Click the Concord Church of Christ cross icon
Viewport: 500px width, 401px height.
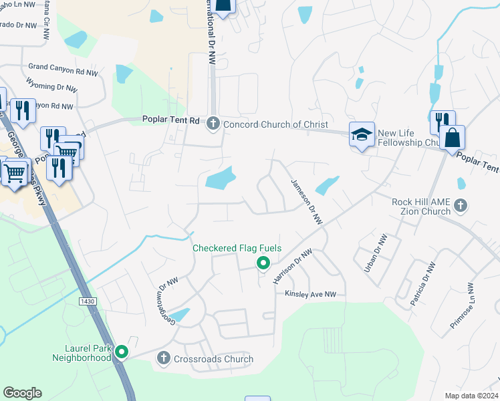click(213, 124)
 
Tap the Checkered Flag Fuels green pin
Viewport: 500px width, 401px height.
click(263, 263)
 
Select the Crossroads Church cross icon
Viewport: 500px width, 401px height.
click(163, 359)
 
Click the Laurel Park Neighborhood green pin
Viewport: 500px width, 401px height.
click(121, 351)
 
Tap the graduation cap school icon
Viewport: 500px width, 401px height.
click(362, 134)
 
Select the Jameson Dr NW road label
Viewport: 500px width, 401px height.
click(306, 201)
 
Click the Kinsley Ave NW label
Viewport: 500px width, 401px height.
click(310, 294)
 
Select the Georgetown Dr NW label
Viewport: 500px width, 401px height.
click(166, 301)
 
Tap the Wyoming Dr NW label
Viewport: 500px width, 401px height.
click(51, 87)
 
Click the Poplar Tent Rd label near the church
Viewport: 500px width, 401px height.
click(171, 120)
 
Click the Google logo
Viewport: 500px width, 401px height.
click(23, 393)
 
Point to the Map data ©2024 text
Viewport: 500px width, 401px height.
click(471, 395)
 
